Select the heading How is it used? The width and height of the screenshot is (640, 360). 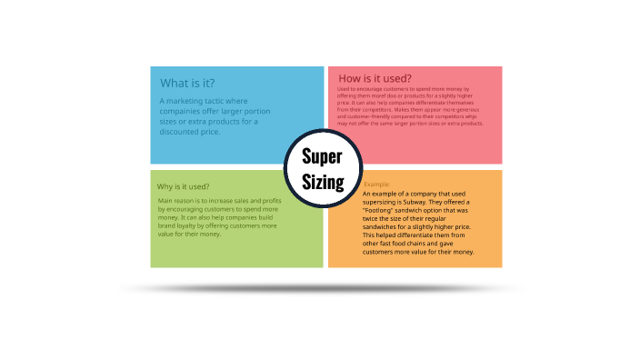pyautogui.click(x=375, y=78)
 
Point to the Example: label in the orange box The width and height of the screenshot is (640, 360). pyautogui.click(x=377, y=185)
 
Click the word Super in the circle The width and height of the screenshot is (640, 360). pyautogui.click(x=322, y=155)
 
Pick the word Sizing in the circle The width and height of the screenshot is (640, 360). pyautogui.click(x=323, y=182)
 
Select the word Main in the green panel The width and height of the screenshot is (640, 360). pyautogui.click(x=165, y=199)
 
